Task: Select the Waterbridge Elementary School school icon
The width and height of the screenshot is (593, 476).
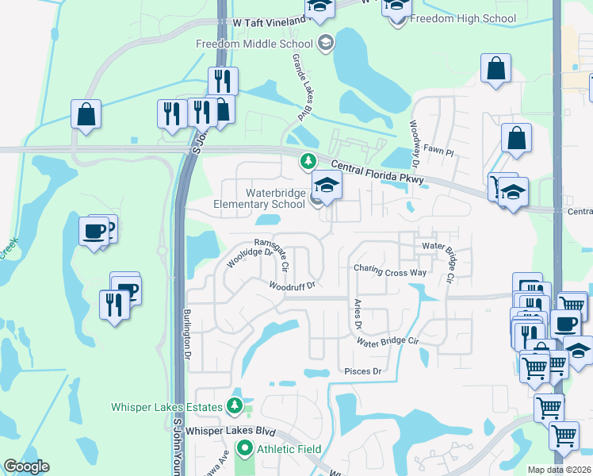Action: pos(326,186)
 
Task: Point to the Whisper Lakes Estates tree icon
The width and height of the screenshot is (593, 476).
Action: pos(233,407)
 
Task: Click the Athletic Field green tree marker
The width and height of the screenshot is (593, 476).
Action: pos(244,449)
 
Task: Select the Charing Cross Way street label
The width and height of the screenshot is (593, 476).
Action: pos(390,271)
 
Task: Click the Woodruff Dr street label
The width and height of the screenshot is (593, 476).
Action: pos(292,286)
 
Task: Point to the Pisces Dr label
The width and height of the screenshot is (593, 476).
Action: pos(363,371)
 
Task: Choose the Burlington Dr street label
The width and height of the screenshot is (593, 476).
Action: pos(189,334)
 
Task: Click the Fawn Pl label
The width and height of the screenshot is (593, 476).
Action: pos(438,151)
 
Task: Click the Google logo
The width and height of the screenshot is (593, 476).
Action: pos(26,466)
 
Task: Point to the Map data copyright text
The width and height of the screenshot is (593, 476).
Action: pos(559,470)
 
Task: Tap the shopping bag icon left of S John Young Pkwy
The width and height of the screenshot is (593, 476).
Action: pos(86,114)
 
